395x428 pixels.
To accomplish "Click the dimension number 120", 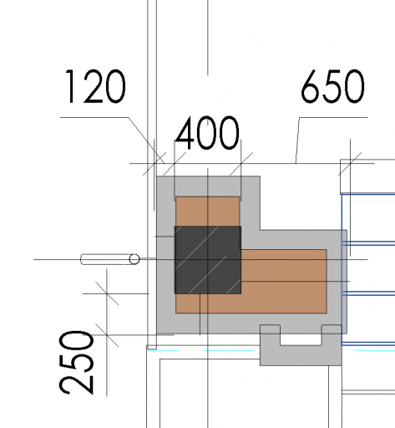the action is point(95,86).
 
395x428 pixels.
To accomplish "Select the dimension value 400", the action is point(207,133).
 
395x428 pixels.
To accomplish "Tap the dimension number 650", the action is point(333,86).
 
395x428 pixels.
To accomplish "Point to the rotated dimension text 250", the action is point(76,363).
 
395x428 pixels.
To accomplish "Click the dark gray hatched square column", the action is point(208,260).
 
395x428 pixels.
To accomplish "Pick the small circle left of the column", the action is point(134,259).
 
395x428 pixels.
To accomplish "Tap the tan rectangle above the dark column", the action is point(208,211).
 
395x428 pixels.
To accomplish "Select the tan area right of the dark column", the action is point(283,281).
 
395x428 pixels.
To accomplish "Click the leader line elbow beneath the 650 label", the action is point(300,117).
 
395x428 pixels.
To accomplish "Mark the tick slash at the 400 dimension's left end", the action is point(175,164).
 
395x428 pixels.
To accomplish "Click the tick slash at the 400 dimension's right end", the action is point(241,164).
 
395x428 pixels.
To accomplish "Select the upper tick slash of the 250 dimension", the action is point(107,293).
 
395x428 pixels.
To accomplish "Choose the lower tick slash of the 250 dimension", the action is point(107,335).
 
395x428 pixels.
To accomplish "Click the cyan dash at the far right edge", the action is point(375,350).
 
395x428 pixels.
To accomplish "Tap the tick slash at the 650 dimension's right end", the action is point(350,164).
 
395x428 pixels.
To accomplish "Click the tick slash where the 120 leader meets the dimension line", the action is point(154,164).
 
